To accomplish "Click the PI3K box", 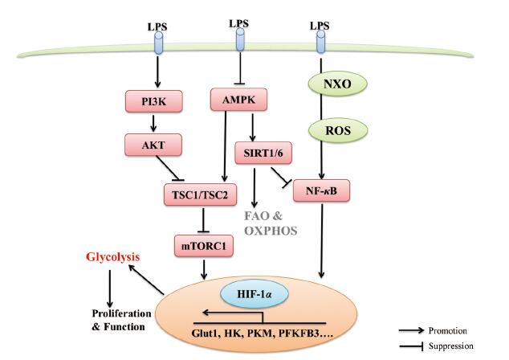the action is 154,101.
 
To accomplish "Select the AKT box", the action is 153,145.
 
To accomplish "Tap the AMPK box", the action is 239,100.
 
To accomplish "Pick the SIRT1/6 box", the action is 263,153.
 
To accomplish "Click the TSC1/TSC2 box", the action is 200,194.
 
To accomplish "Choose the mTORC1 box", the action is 204,246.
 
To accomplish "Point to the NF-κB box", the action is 321,190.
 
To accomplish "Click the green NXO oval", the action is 338,84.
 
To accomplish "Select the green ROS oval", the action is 338,131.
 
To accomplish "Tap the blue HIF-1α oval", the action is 254,294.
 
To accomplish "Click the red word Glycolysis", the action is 113,257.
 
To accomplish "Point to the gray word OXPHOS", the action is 271,231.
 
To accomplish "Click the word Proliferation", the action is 122,313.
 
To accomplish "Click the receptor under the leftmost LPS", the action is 158,43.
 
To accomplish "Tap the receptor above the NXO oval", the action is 320,42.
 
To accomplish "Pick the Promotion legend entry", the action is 434,330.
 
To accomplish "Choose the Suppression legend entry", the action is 437,346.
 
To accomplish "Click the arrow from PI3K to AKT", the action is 153,123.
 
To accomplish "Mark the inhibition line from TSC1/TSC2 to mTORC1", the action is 203,221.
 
